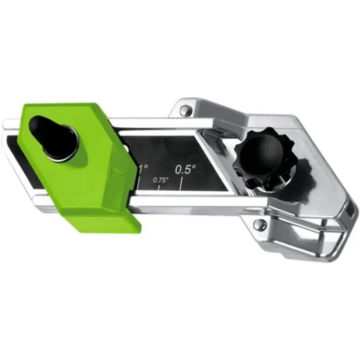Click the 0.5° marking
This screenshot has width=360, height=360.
coord(185,169)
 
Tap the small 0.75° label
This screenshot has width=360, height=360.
coord(161,180)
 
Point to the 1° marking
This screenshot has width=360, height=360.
coord(143,169)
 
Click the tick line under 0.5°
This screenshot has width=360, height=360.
coord(181,183)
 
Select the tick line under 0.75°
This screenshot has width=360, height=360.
coord(158,187)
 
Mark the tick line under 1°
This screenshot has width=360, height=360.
coord(139,182)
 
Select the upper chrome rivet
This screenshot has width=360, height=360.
coord(186,110)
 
